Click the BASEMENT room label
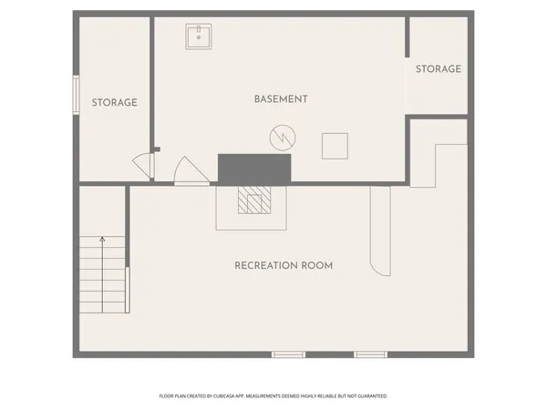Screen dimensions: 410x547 pos(281,99)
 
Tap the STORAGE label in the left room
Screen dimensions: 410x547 pos(114,103)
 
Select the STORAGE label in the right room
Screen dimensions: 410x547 pos(438,69)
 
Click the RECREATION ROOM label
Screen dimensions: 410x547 pos(284,266)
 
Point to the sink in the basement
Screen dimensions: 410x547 pos(199,37)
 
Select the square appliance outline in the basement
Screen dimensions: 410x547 pos(335,146)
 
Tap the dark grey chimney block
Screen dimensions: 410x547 pos(253,168)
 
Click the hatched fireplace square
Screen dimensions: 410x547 pos(254,200)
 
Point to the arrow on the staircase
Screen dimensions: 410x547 pos(102,241)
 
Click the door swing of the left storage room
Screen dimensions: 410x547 pos(142,166)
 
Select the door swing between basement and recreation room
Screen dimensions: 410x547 pos(189,171)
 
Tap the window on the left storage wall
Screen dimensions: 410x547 pos(76,96)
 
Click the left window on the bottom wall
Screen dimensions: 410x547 pos(287,354)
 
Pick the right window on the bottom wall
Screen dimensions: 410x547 pos(370,354)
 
